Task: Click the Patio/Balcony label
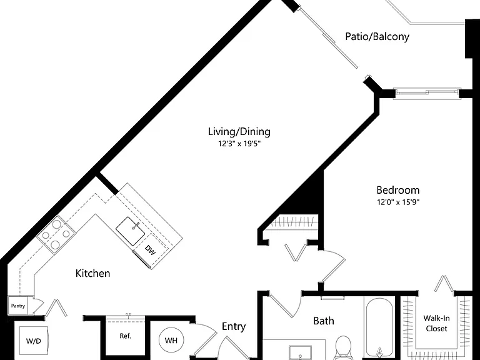(377, 36)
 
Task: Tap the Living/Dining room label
(239, 132)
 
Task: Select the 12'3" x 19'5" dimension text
(239, 144)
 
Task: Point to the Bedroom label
(398, 190)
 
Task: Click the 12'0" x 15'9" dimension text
(398, 202)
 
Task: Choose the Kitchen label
(92, 273)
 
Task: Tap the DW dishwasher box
(151, 251)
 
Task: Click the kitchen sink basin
(131, 231)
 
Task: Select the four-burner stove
(56, 234)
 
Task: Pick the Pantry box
(17, 306)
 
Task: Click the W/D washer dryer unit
(33, 341)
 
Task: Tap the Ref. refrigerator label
(125, 336)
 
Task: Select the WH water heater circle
(171, 340)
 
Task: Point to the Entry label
(234, 327)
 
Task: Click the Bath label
(324, 321)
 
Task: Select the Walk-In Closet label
(436, 323)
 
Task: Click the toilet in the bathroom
(343, 348)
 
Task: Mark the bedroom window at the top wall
(427, 94)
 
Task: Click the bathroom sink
(300, 352)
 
